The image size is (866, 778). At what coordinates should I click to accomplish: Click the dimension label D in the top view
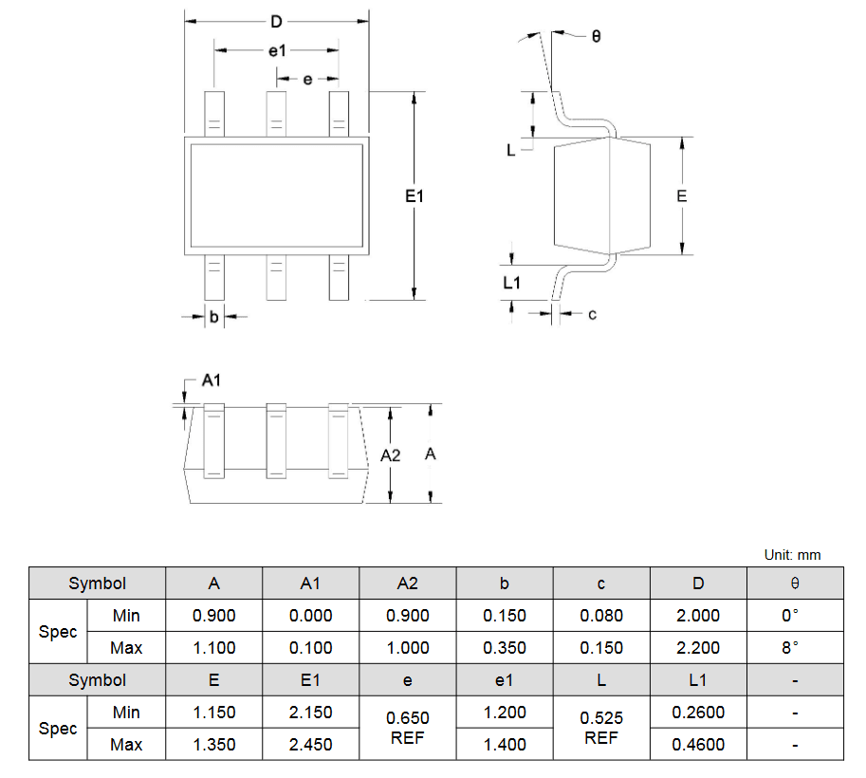click(276, 22)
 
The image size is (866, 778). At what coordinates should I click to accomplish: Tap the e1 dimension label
click(277, 51)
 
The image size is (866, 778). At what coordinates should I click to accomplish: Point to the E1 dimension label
click(415, 196)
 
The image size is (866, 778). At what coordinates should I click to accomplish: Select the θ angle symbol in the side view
click(596, 36)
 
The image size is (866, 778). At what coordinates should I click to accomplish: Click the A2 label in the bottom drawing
click(391, 455)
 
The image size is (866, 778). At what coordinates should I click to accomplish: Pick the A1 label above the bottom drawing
click(211, 380)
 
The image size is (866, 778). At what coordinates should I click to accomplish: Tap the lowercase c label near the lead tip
click(592, 314)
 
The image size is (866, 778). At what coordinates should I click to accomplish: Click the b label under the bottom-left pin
click(213, 317)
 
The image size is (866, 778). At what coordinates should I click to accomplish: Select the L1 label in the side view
click(511, 283)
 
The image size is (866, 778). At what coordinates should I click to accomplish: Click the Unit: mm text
click(792, 555)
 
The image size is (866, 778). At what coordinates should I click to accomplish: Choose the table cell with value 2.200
click(698, 648)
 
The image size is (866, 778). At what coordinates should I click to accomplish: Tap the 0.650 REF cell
click(408, 728)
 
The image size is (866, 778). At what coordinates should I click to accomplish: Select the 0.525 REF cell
click(601, 728)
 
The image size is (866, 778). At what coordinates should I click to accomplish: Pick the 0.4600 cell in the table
click(698, 744)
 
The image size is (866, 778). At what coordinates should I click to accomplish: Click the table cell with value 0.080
click(601, 616)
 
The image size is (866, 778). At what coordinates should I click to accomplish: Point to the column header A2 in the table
click(408, 583)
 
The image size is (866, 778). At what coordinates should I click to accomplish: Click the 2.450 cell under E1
click(310, 744)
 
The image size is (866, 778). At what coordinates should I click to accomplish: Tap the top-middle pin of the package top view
click(276, 114)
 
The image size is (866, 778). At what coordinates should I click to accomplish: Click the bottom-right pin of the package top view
click(339, 277)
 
